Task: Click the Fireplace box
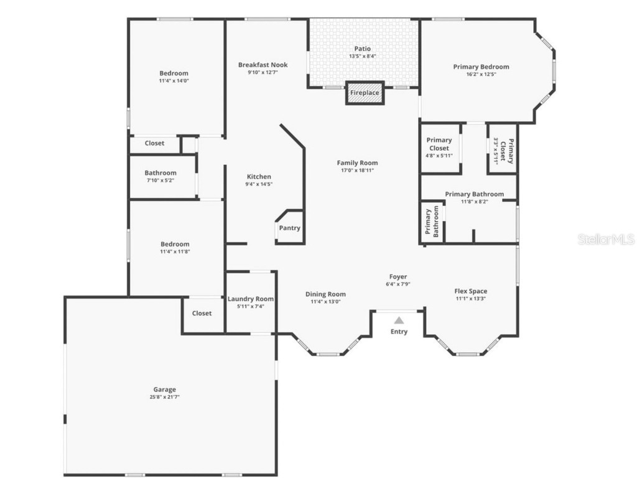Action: tap(365, 93)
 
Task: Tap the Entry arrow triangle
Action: tap(399, 321)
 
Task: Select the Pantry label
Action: tap(289, 228)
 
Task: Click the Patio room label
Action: tap(363, 49)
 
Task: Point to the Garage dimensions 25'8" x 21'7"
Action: tap(165, 396)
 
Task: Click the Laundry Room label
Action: tap(251, 299)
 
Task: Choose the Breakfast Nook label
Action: tap(263, 65)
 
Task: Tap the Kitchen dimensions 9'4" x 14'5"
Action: tap(259, 184)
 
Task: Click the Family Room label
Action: tap(358, 163)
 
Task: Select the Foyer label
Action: tap(398, 276)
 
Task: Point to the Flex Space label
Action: tap(470, 291)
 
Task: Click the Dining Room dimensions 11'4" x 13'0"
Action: tap(325, 302)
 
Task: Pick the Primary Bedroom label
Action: tap(481, 67)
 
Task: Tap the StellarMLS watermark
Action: tap(605, 239)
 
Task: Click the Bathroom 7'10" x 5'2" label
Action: tap(160, 173)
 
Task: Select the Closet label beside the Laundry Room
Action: tap(202, 313)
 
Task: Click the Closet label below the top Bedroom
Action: tap(154, 143)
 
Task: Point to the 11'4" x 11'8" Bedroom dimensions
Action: tap(174, 251)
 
